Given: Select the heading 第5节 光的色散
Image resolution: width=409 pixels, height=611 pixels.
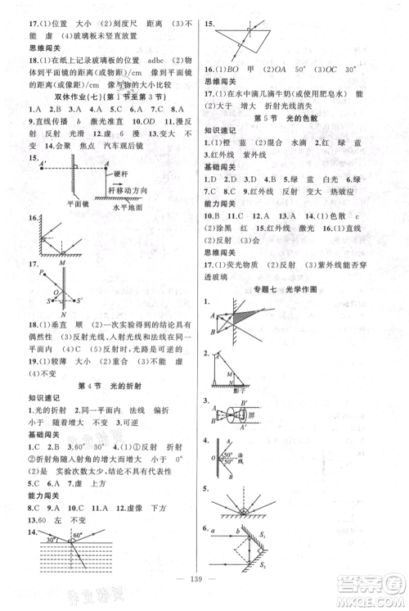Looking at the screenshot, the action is pos(304,119).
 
